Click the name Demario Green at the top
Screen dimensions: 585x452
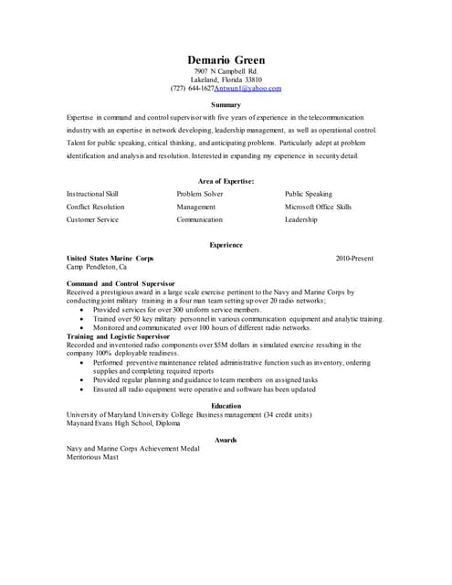[x=226, y=60]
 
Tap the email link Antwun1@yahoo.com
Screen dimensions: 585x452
[x=248, y=89]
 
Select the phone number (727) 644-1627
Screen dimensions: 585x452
[x=193, y=89]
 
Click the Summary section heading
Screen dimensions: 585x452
[x=226, y=105]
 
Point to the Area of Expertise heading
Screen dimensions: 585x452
[x=226, y=181]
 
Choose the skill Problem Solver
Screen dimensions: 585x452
[x=200, y=194]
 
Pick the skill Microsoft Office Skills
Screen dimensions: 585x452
[x=318, y=207]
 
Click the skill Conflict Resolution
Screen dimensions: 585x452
[x=96, y=207]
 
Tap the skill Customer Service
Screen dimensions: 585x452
[x=93, y=219]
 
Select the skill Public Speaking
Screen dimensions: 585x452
[x=309, y=194]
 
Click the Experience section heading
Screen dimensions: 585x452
[x=226, y=245]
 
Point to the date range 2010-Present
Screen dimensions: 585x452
[x=354, y=259]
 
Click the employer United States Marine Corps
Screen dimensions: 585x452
[x=110, y=259]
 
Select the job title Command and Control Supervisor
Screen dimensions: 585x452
[x=121, y=284]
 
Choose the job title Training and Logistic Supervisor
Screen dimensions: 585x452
[x=124, y=336]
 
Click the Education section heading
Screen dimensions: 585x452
[x=226, y=406]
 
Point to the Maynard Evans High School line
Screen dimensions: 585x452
[x=123, y=423]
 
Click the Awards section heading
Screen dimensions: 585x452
[x=226, y=440]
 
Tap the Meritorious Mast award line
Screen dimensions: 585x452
[x=92, y=457]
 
